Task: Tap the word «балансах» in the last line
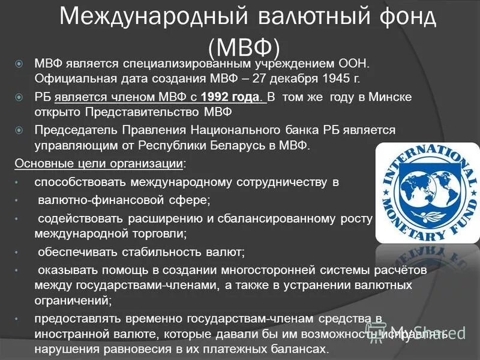pyautogui.click(x=298, y=349)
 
